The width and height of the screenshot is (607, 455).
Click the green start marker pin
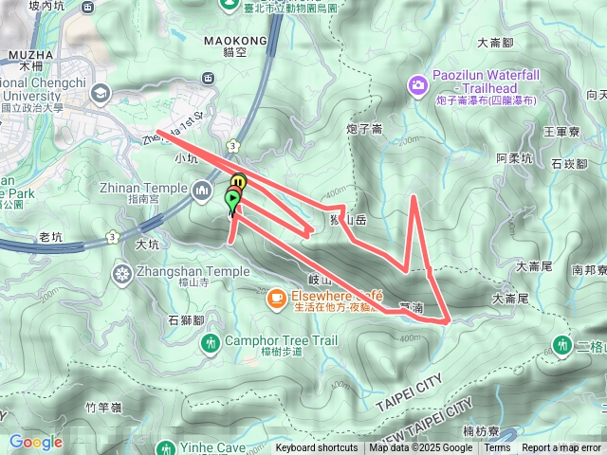coord(232,200)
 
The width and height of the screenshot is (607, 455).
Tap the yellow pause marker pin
coord(238,182)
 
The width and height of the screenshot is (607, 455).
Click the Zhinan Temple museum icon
coord(201,191)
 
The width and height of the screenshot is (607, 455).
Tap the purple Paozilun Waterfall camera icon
coord(416,86)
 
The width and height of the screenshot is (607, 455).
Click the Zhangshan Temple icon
coord(122,275)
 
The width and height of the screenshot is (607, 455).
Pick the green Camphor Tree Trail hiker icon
coord(210,341)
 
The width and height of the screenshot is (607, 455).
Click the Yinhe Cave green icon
coord(167,446)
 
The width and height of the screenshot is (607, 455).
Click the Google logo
coord(35,442)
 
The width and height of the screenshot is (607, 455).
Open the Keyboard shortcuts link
coord(317,448)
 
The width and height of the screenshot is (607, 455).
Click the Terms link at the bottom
coord(497,448)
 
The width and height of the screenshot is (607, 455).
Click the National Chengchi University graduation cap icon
coord(101,92)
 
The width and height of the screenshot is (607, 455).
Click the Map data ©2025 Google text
coord(421,448)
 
